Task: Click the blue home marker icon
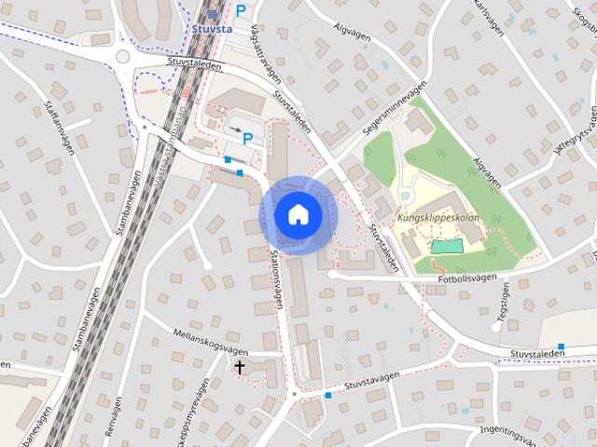tap(298, 214)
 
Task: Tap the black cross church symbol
tap(240, 367)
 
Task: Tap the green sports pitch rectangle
tap(447, 246)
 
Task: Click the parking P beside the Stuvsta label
tap(241, 11)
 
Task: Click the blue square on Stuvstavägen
tap(328, 396)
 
